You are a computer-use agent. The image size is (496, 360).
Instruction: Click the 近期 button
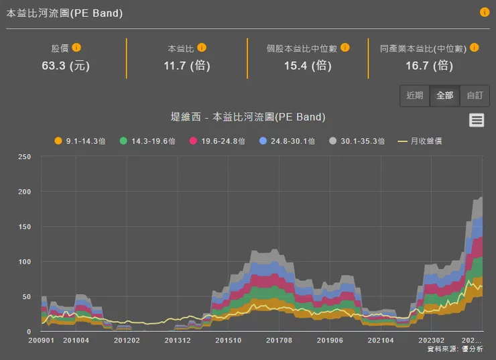coord(415,96)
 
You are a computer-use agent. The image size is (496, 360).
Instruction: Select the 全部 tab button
coord(445,96)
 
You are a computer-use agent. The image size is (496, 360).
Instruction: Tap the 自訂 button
coord(475,96)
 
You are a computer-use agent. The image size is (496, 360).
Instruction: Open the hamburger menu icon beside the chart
coord(477,120)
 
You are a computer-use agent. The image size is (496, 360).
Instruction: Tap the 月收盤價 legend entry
coord(420,141)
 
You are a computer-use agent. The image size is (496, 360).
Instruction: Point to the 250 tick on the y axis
coord(24,157)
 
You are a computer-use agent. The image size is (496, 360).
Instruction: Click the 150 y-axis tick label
coord(24,227)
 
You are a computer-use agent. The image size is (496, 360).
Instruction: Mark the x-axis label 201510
coord(228,341)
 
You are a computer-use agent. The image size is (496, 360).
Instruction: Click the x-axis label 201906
coord(329,341)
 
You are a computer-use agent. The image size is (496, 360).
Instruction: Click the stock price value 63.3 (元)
coord(66,65)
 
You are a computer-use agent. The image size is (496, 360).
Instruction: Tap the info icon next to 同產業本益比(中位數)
coord(474,48)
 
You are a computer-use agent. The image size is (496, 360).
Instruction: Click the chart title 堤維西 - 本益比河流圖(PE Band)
coord(248,117)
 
